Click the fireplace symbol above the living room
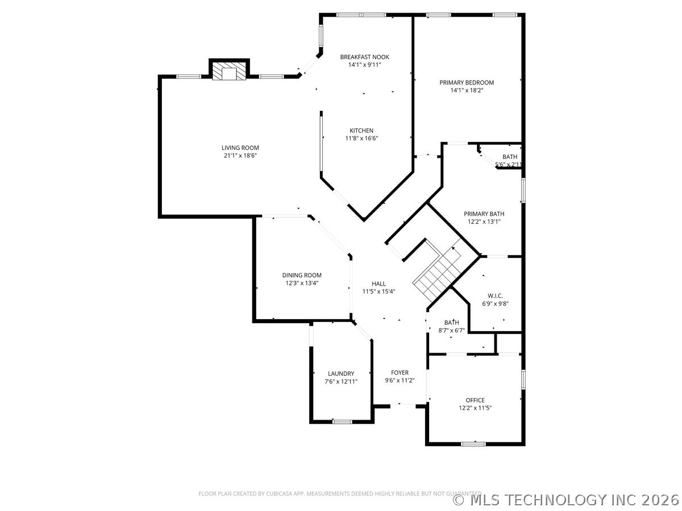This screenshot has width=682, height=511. pyautogui.click(x=230, y=72)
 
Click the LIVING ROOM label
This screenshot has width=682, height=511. pyautogui.click(x=240, y=148)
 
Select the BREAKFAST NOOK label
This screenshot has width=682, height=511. pyautogui.click(x=364, y=57)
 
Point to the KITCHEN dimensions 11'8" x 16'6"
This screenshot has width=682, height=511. pyautogui.click(x=361, y=138)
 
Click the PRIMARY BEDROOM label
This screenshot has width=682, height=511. pyautogui.click(x=467, y=82)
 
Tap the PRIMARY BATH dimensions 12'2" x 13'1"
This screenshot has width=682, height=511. pyautogui.click(x=484, y=221)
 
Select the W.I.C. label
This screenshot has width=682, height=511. pyautogui.click(x=495, y=295)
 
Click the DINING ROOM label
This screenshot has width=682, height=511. pyautogui.click(x=302, y=275)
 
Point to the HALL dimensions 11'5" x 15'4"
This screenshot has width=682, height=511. pyautogui.click(x=379, y=291)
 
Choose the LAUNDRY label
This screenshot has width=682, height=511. pyautogui.click(x=341, y=374)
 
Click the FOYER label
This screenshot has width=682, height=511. pyautogui.click(x=400, y=372)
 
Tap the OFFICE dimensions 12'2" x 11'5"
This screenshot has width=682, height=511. pyautogui.click(x=475, y=408)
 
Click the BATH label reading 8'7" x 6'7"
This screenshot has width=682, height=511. pyautogui.click(x=452, y=322)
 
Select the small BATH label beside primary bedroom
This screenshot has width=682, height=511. pyautogui.click(x=510, y=157)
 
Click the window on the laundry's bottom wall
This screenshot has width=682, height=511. pyautogui.click(x=342, y=421)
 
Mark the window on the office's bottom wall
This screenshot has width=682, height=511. pyautogui.click(x=473, y=443)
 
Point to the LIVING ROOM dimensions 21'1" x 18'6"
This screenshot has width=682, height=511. pyautogui.click(x=240, y=155)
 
